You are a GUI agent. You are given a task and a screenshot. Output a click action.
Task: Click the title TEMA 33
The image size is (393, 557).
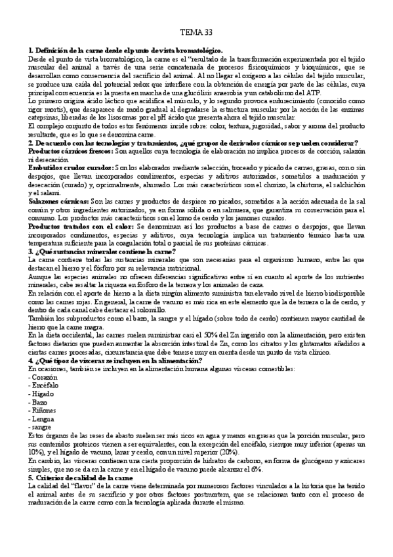click(x=196, y=32)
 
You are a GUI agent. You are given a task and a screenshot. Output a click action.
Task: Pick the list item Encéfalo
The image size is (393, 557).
click(x=44, y=388)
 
